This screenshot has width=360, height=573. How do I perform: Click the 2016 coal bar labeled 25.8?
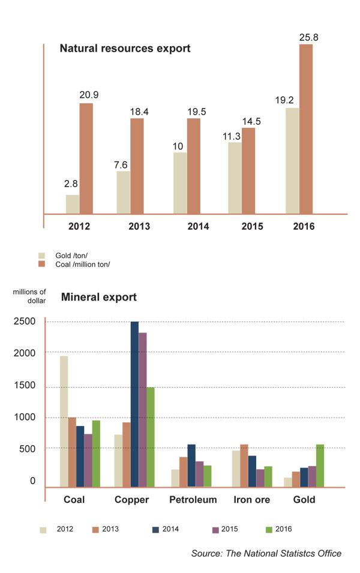click(x=306, y=128)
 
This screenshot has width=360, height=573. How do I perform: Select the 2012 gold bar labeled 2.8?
click(x=73, y=204)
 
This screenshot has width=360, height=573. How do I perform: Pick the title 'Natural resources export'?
click(x=125, y=48)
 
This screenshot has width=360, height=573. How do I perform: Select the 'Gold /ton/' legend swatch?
click(x=43, y=255)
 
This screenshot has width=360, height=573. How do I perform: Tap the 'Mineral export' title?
click(x=99, y=297)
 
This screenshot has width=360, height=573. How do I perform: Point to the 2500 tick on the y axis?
click(x=25, y=322)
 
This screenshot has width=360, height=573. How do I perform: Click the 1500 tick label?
click(x=25, y=386)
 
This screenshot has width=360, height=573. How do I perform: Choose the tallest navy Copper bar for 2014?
click(x=135, y=404)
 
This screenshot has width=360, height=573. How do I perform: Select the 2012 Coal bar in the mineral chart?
click(x=64, y=421)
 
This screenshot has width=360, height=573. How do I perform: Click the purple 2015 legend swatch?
click(x=215, y=529)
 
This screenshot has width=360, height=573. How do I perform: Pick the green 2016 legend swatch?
click(x=269, y=529)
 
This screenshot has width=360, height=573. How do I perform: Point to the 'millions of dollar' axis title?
click(x=29, y=296)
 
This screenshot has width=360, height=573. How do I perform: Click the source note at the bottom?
click(x=266, y=553)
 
